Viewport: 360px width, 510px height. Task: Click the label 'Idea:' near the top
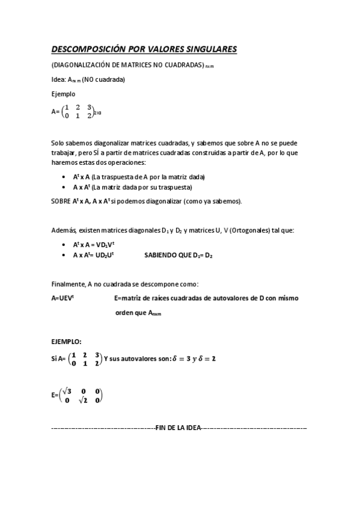pyautogui.click(x=59, y=79)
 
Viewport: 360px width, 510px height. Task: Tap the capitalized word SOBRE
pyautogui.click(x=61, y=201)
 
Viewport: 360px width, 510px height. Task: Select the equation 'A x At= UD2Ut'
pyautogui.click(x=94, y=255)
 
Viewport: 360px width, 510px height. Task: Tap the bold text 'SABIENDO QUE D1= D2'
pyautogui.click(x=178, y=255)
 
